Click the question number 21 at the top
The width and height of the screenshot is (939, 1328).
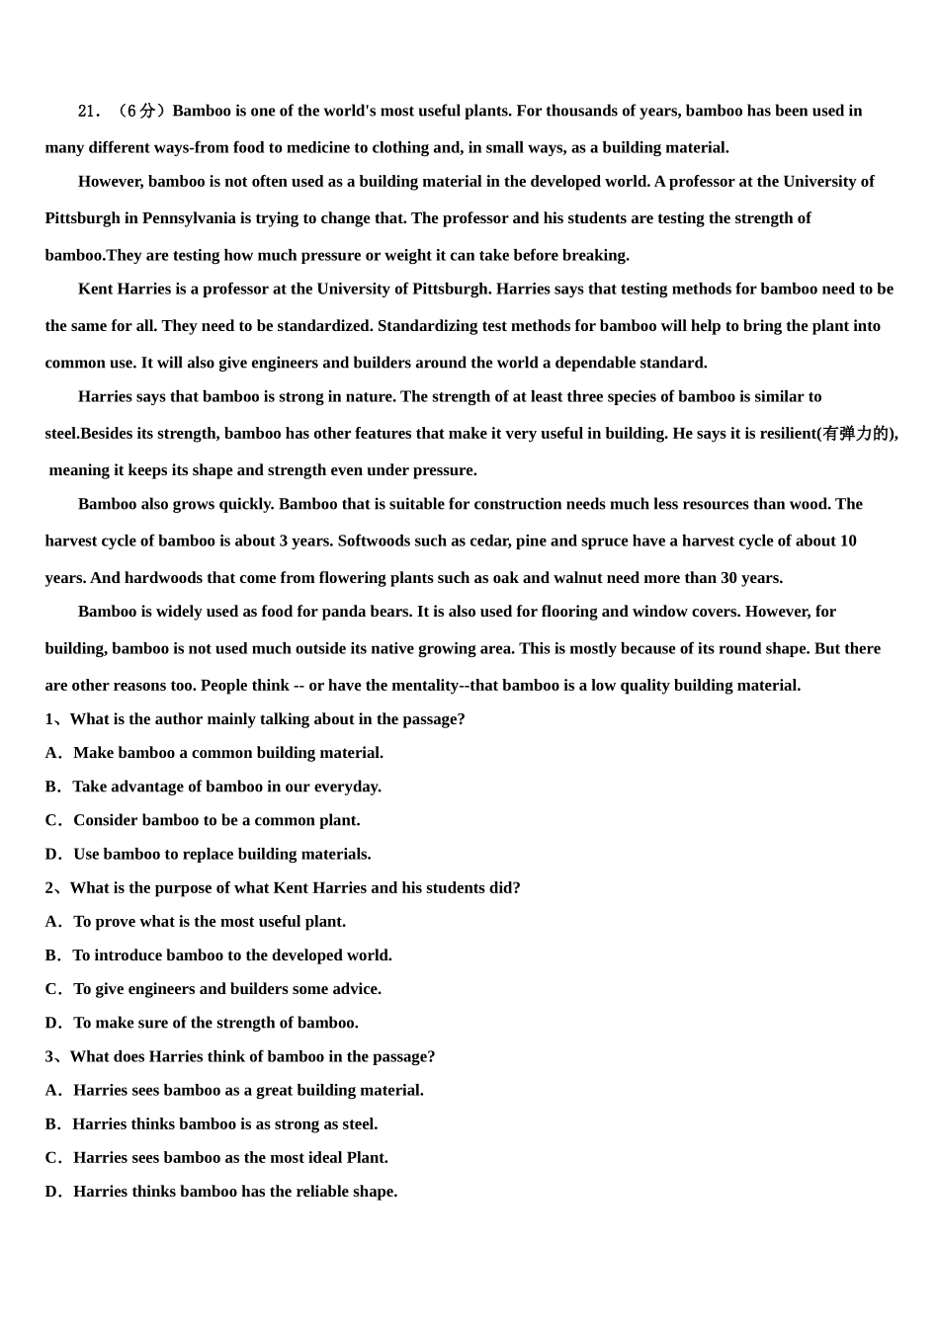click(89, 112)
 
